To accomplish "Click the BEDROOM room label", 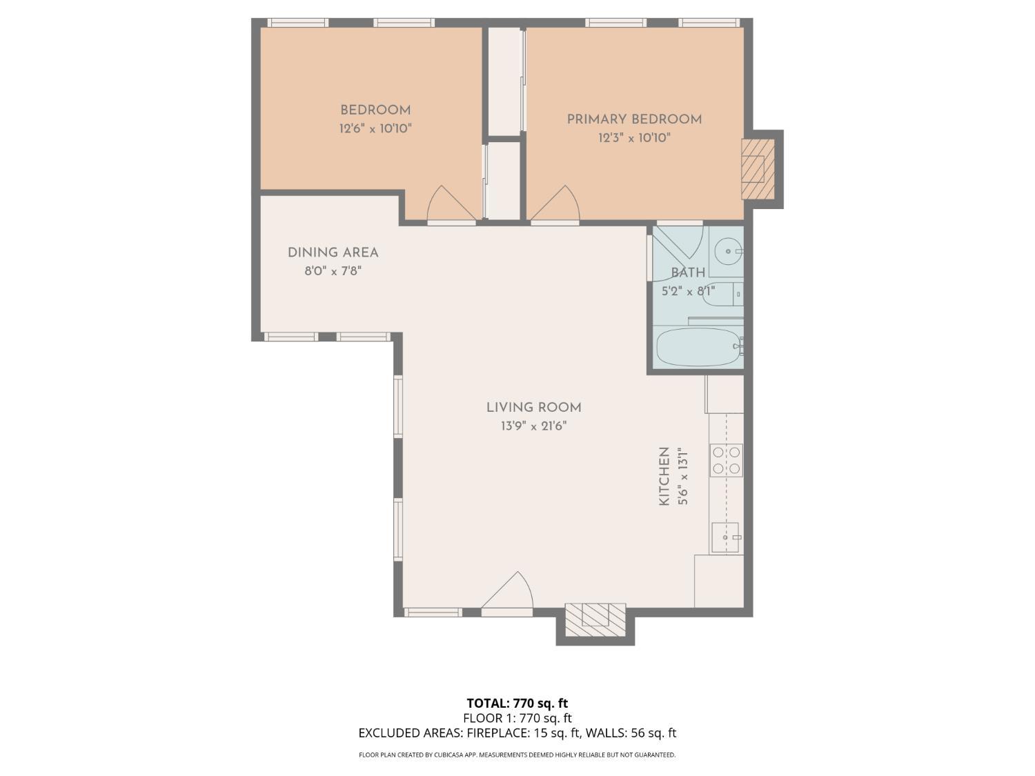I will tap(375, 110).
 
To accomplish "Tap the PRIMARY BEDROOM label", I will tap(634, 119).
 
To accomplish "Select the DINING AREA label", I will tap(333, 252).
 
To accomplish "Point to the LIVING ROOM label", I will tap(533, 408).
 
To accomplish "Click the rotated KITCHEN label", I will tap(664, 476).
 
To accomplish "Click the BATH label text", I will tap(688, 272).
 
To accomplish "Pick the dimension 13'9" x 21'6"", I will tap(533, 426).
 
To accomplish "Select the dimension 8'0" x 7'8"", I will tap(333, 271).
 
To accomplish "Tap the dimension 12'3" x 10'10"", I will tap(634, 138).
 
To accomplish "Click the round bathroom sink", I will tap(727, 251).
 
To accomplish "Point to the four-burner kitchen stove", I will tap(726, 460).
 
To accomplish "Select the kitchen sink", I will tap(725, 537).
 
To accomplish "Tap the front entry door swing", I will tap(509, 593).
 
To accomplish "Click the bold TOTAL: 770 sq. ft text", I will tap(517, 703).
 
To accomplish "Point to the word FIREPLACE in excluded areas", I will tap(497, 733).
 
